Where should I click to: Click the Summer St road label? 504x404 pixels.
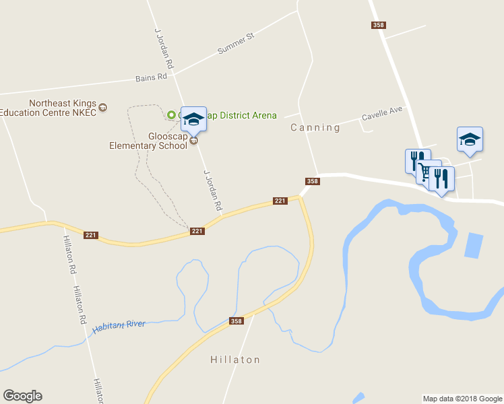[x=234, y=44]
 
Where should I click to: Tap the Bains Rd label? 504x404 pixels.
[x=151, y=77]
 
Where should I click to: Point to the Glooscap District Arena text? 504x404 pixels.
[x=232, y=115]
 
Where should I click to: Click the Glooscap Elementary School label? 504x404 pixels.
[x=149, y=141]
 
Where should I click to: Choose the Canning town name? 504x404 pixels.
[x=315, y=127]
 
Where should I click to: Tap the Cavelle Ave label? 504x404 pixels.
[x=381, y=112]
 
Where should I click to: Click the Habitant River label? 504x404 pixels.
[x=119, y=326]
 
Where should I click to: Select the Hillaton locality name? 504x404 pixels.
[x=234, y=360]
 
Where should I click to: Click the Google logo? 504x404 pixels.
[x=22, y=396]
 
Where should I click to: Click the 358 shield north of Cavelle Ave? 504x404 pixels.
[x=378, y=25]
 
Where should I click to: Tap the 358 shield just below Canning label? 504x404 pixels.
[x=312, y=180]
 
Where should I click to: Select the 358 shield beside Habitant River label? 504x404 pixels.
[x=236, y=321]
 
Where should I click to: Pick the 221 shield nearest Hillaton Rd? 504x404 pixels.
[x=92, y=235]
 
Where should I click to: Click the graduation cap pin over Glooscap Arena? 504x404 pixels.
[x=193, y=119]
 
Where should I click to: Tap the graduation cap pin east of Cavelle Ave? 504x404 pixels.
[x=470, y=139]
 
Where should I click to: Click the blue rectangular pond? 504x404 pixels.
[x=474, y=246]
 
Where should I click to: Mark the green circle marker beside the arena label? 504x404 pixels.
[x=171, y=115]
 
